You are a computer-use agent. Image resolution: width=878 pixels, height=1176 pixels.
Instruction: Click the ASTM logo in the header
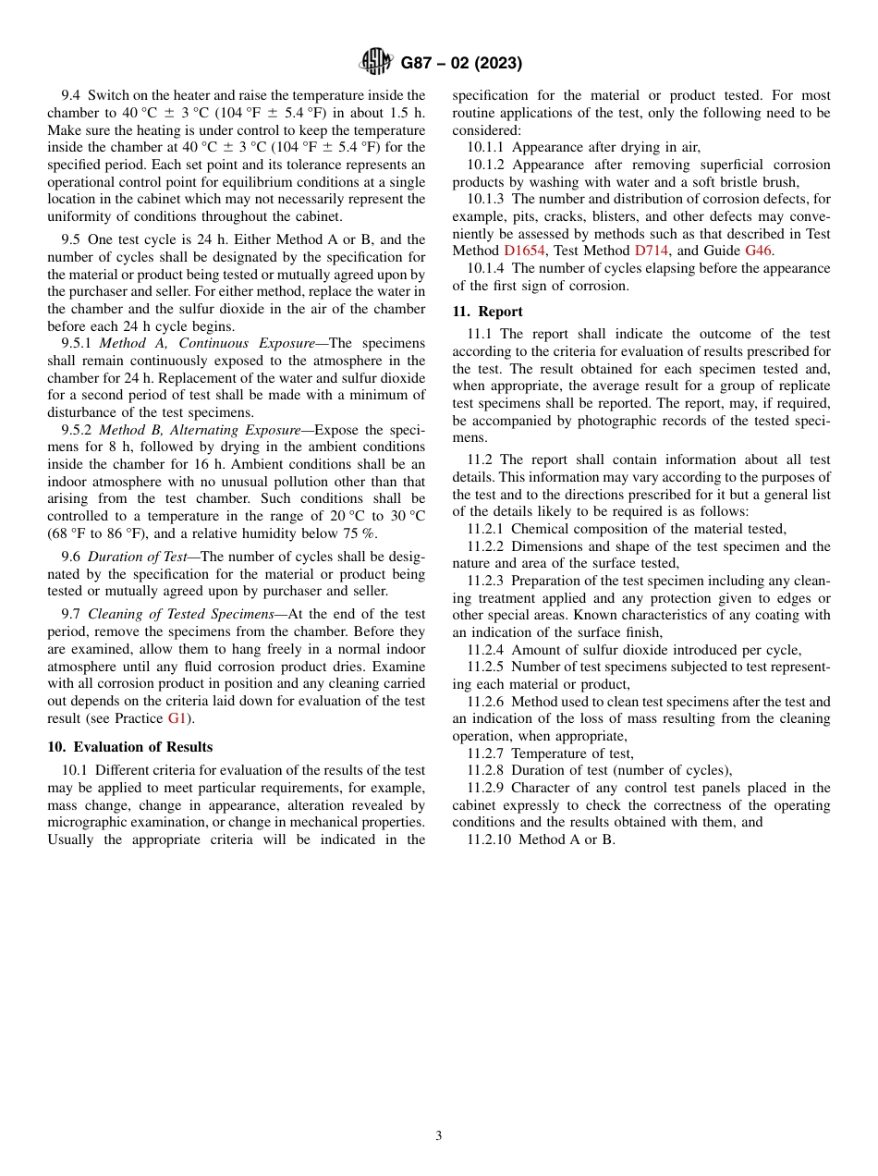(x=375, y=63)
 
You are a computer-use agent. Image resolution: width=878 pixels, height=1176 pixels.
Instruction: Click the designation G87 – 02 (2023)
(x=461, y=64)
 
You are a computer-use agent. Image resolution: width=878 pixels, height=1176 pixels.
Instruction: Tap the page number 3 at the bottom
(x=439, y=1136)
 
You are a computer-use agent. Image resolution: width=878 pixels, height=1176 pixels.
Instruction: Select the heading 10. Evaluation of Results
(x=130, y=747)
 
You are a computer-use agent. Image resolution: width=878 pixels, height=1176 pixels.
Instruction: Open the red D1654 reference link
(x=524, y=251)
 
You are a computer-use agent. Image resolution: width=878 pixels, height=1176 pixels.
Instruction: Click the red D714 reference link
(x=651, y=251)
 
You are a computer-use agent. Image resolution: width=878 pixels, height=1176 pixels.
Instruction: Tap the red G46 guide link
(x=758, y=251)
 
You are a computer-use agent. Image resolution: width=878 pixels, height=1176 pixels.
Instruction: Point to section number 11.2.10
(x=489, y=839)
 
